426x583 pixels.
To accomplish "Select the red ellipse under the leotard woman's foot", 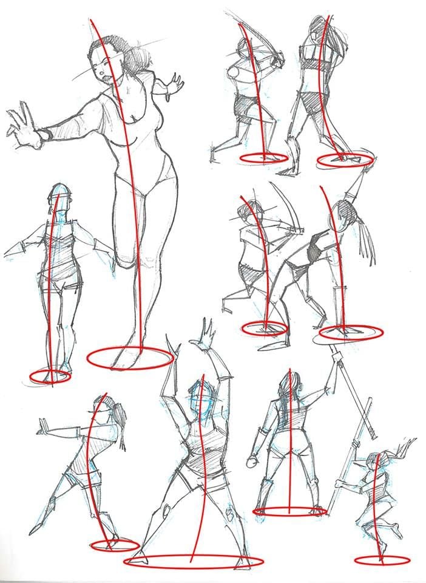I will pyautogui.click(x=130, y=358).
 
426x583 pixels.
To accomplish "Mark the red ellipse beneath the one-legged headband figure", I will pyautogui.click(x=50, y=377).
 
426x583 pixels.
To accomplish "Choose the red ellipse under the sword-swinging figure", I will pyautogui.click(x=263, y=157).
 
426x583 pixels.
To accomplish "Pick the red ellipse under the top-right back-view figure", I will pyautogui.click(x=345, y=160).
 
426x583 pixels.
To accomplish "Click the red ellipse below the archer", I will pyautogui.click(x=264, y=329).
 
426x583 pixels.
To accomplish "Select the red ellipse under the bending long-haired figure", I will pyautogui.click(x=351, y=332).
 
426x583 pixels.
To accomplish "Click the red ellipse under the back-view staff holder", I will pyautogui.click(x=290, y=511).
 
